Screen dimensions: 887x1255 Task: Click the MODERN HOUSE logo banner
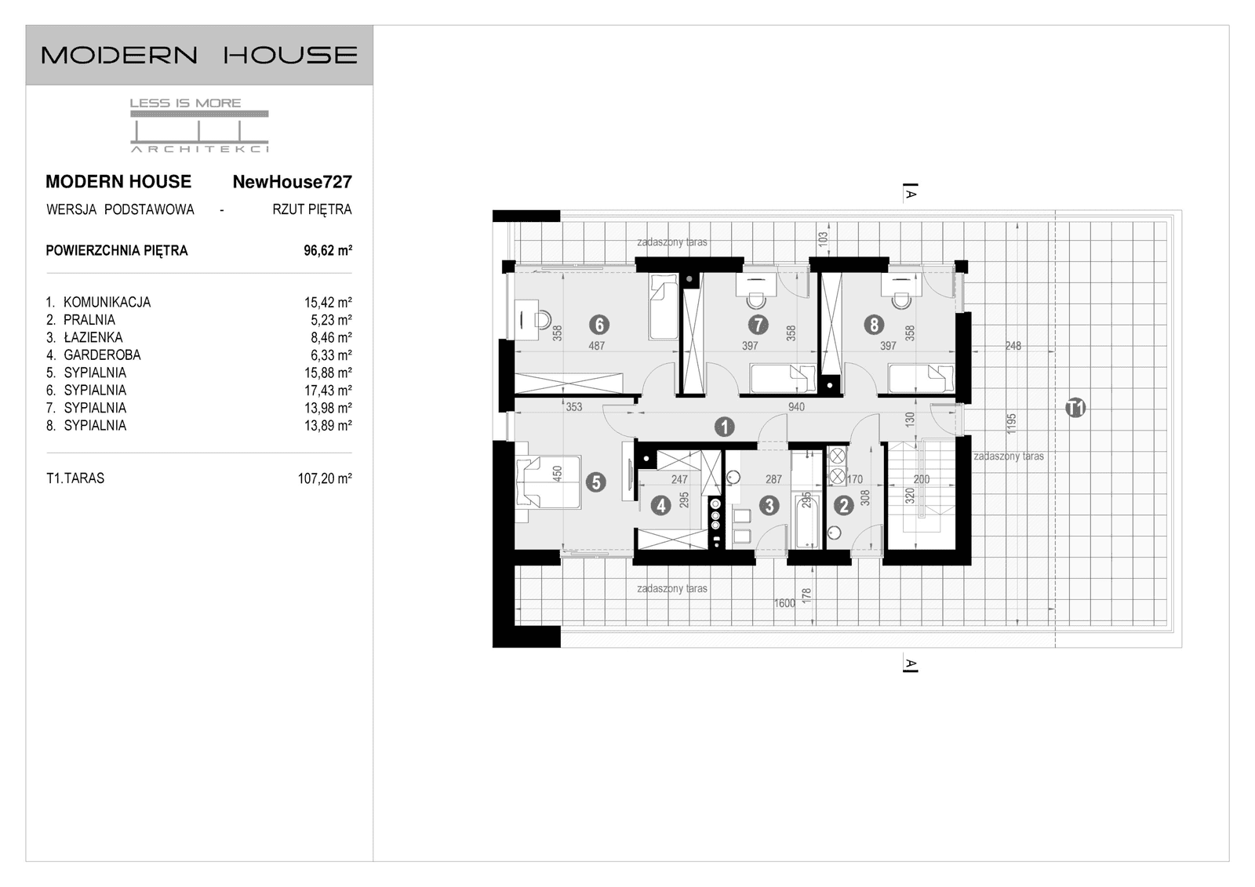pyautogui.click(x=199, y=55)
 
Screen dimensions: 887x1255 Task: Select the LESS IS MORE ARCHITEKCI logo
pyautogui.click(x=199, y=125)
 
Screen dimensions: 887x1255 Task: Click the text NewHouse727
pyautogui.click(x=292, y=182)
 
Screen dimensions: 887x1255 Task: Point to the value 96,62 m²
pyautogui.click(x=328, y=251)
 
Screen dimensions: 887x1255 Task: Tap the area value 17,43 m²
pyautogui.click(x=328, y=390)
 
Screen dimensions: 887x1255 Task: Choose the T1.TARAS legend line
pyautogui.click(x=75, y=478)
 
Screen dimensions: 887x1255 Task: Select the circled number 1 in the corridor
pyautogui.click(x=723, y=427)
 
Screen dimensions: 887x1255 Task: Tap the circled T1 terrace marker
pyautogui.click(x=1075, y=408)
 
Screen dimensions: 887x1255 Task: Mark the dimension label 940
pyautogui.click(x=796, y=407)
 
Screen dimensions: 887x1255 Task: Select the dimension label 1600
pyautogui.click(x=784, y=603)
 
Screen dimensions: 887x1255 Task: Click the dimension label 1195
pyautogui.click(x=1012, y=424)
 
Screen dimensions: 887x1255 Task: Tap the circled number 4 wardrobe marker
pyautogui.click(x=660, y=506)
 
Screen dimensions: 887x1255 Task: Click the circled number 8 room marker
pyautogui.click(x=873, y=324)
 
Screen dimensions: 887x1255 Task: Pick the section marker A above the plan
pyautogui.click(x=911, y=192)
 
